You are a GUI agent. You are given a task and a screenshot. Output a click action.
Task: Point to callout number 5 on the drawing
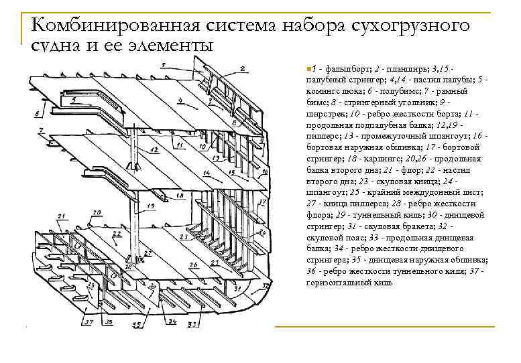[x=73, y=99]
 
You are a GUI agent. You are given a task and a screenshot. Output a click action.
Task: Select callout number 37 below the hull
[x=88, y=322]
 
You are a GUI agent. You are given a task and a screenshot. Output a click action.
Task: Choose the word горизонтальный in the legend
[x=336, y=283]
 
